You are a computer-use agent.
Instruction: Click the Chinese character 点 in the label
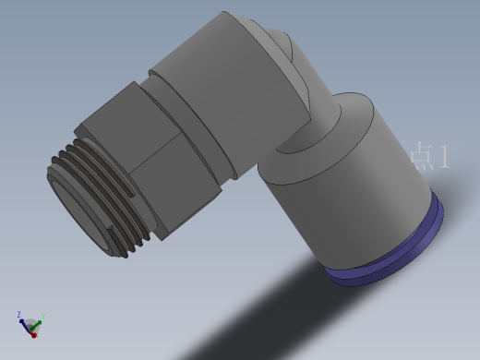pos(423,156)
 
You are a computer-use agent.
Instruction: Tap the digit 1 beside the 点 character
pos(444,156)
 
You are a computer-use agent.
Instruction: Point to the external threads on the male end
pos(99,197)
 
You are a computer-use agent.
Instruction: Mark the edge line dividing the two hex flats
pos(155,153)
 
